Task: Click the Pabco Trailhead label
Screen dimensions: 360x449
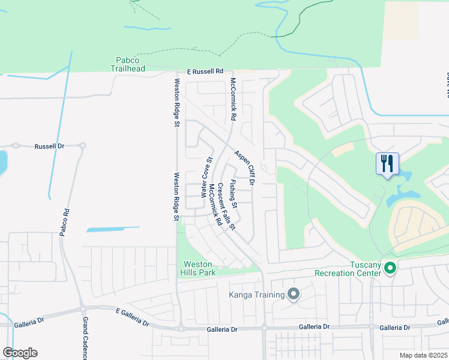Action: pos(127,64)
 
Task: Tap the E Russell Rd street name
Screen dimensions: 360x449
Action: pos(204,71)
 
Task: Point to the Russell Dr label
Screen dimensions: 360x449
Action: pos(49,146)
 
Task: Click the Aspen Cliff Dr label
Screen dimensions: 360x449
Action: pos(245,167)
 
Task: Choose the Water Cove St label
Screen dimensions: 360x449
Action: pos(206,178)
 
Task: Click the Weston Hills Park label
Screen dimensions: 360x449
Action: pos(199,268)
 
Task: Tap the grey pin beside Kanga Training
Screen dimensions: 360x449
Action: pos(294,294)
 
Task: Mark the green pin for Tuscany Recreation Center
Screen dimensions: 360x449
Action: pos(390,268)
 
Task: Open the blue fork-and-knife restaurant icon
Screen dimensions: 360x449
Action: pos(387,163)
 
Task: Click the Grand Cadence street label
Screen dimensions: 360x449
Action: pos(85,338)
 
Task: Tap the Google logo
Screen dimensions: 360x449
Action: pos(20,353)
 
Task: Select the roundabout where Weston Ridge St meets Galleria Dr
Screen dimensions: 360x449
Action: pos(180,328)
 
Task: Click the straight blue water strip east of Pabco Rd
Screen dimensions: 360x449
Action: pos(113,229)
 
